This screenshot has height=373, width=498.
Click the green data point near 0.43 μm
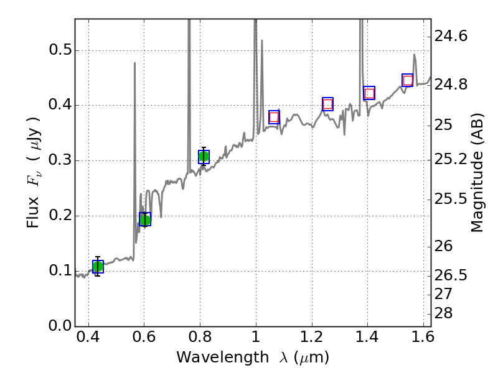click(98, 267)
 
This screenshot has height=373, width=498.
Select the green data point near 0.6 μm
click(145, 219)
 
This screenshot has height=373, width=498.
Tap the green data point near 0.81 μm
click(204, 157)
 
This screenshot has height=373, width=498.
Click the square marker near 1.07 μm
click(274, 117)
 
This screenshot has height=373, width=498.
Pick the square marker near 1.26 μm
click(328, 104)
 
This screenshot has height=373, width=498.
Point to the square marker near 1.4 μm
click(369, 93)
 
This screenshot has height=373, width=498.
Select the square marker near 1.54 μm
click(408, 80)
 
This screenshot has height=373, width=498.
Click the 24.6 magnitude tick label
click(451, 37)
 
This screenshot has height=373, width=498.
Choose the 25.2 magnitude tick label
click(451, 160)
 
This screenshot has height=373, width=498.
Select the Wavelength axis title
click(253, 357)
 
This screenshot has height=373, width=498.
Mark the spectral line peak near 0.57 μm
click(134, 63)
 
